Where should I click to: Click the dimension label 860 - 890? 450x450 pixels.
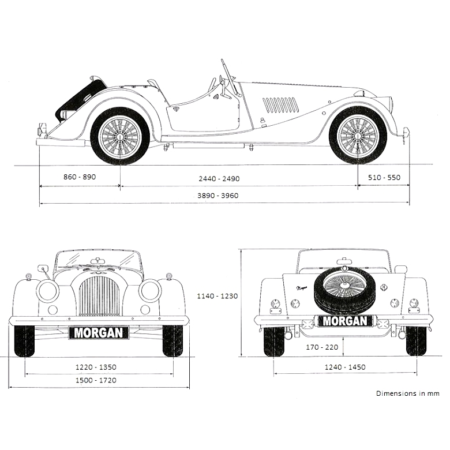click(80, 177)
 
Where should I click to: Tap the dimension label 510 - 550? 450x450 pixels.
click(384, 178)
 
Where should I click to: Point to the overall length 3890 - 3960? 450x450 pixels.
click(218, 196)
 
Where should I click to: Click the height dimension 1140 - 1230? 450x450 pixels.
click(217, 296)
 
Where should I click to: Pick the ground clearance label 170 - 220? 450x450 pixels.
click(322, 347)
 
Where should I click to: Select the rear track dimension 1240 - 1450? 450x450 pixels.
click(345, 367)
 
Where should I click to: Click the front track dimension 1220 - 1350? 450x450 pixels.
click(96, 367)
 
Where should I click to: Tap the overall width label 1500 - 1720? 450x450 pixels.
click(96, 380)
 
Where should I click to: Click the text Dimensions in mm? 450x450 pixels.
click(407, 393)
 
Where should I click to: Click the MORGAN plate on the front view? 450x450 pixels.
click(99, 333)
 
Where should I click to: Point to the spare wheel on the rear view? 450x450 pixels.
click(345, 288)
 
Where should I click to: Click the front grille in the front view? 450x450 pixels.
click(99, 295)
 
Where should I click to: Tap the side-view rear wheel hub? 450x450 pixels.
click(120, 137)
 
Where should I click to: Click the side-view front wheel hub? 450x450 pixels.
click(358, 137)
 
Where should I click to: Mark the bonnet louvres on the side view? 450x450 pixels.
click(281, 105)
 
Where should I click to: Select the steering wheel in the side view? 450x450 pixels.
click(227, 81)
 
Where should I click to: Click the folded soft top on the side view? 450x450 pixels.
click(81, 97)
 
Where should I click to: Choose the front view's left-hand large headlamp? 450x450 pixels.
click(48, 290)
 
